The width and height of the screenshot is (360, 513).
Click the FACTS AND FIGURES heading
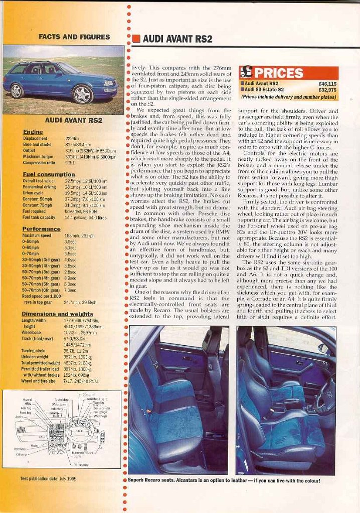tap(74, 37)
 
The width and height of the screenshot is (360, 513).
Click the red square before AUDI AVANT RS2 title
tap(136, 39)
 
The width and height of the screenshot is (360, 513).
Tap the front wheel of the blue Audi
tap(82, 94)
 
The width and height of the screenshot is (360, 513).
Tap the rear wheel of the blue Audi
tap(17, 90)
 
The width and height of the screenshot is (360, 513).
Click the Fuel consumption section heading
tap(49, 174)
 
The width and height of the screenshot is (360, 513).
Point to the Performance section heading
tap(41, 229)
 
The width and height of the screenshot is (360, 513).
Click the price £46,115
tap(327, 84)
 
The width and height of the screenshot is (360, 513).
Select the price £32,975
tap(327, 90)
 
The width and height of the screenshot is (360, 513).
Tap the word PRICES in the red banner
tap(279, 73)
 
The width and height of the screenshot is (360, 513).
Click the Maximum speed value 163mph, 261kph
tap(80, 235)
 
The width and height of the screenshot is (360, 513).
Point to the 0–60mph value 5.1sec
tap(70, 247)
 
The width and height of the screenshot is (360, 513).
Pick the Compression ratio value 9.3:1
tap(70, 163)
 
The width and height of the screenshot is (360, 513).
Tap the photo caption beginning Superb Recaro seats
tap(224, 480)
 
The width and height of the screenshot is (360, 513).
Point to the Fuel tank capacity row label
tap(39, 217)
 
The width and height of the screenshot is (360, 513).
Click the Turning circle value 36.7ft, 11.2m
tap(76, 351)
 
